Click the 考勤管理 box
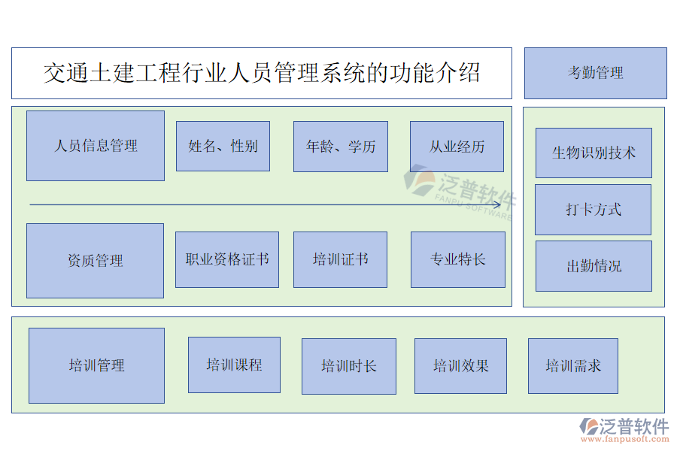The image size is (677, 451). point(595,73)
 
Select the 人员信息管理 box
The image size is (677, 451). point(96,146)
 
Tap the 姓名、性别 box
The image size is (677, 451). point(223,146)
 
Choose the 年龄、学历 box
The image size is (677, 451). point(341,147)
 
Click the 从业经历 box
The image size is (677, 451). point(457,147)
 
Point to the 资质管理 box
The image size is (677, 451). point(95,261)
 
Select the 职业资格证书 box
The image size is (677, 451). point(227,259)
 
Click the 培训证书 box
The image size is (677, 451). point(340,259)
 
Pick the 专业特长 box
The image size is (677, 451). point(457,259)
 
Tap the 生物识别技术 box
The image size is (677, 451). point(594,153)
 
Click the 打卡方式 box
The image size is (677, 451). point(593,210)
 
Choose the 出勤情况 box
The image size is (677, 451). point(594,266)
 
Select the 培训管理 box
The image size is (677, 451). point(96,365)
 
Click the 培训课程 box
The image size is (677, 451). point(234,365)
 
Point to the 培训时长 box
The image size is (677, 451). point(348,366)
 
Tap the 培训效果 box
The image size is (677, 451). point(460,366)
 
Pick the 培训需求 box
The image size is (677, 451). point(573,366)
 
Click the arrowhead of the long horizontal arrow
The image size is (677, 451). point(496,204)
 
